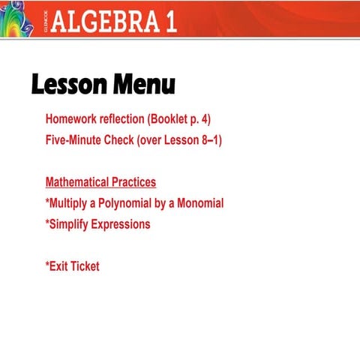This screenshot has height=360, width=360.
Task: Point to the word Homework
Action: point(72,119)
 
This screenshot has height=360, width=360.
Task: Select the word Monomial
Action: point(199,203)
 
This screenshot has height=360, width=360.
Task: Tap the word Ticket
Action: point(85,266)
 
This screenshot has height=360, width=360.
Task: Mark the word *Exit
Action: point(56,266)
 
